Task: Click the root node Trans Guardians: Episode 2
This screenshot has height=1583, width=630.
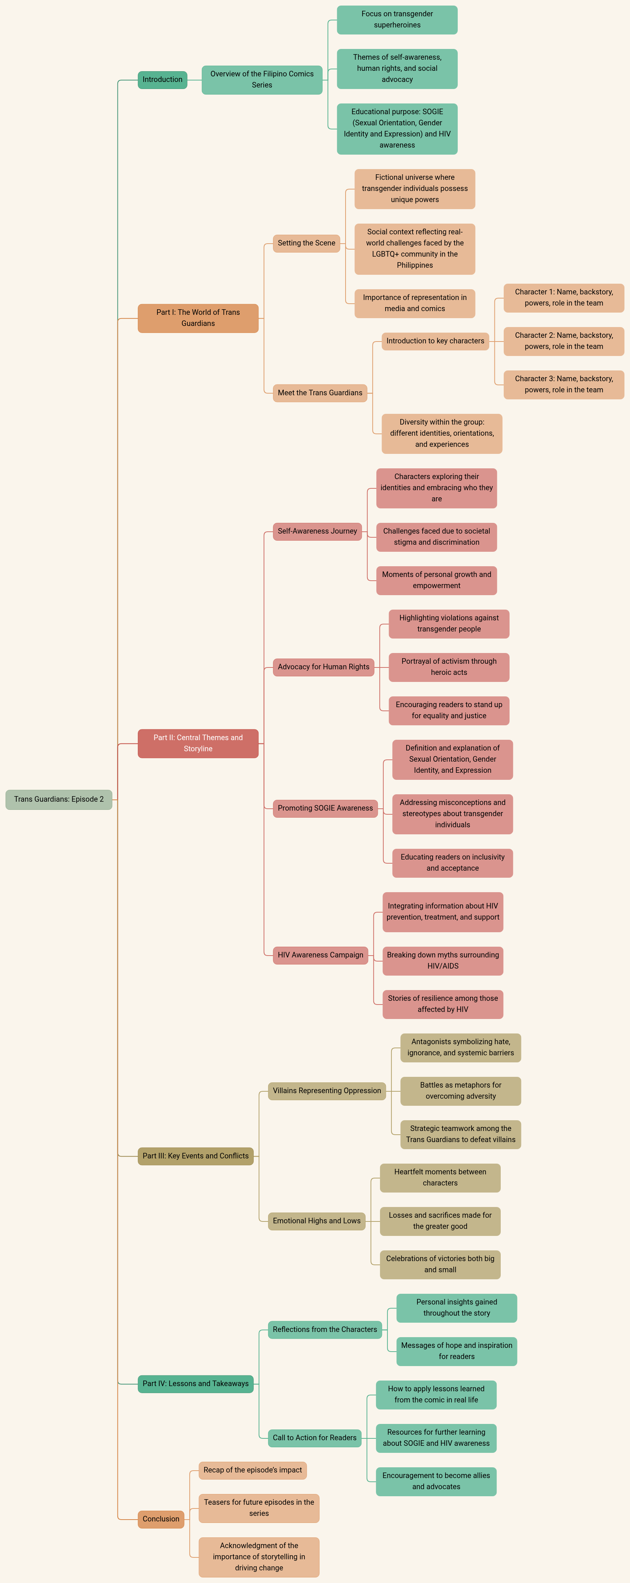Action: pos(59,799)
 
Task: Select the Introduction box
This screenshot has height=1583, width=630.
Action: pos(163,80)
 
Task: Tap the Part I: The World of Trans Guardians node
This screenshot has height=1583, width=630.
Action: pos(199,318)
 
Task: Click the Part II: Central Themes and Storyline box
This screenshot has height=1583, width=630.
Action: pos(199,743)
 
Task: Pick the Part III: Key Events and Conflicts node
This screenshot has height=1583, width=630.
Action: pos(196,1156)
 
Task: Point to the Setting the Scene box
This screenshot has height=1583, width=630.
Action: pos(306,243)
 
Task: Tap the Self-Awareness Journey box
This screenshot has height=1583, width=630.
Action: pos(317,531)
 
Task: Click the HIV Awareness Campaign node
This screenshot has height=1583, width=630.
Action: pos(320,955)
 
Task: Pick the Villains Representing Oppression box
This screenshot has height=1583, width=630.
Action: pos(327,1091)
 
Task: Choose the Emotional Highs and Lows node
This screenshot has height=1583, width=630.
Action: pos(317,1221)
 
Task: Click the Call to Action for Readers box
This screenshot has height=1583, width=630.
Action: pos(315,1438)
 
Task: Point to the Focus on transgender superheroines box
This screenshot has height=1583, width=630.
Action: pos(397,20)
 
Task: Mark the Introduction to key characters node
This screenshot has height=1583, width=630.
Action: pos(435,341)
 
